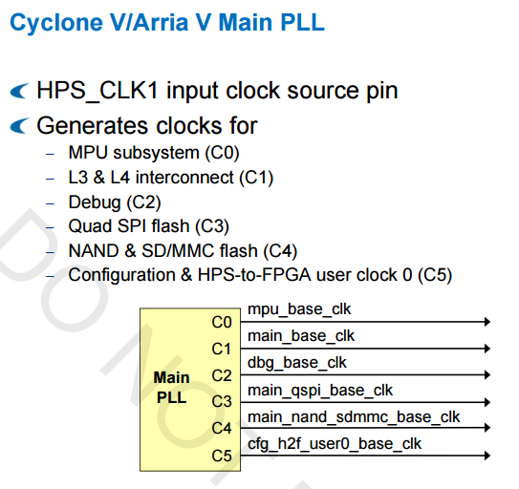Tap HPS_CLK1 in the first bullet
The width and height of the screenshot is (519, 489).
coord(97,91)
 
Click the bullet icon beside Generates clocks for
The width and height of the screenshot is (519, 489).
coord(19,126)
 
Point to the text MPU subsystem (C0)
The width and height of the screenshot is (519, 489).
coord(154,153)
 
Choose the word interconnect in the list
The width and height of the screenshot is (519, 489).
coord(184,178)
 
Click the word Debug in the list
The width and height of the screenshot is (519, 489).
coord(95,202)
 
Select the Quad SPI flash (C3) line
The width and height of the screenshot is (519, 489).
coord(148,226)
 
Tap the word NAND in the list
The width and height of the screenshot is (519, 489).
coord(94,251)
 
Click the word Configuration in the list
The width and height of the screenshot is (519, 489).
coord(121,275)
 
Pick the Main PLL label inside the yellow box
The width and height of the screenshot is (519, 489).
coord(171,388)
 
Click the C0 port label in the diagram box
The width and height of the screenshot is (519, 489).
coord(222,322)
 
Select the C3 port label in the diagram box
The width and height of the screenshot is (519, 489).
coord(222,402)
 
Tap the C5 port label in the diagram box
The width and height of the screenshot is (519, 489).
coord(222,456)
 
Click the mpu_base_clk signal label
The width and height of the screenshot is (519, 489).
coord(299,309)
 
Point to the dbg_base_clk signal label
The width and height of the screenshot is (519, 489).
coord(297,363)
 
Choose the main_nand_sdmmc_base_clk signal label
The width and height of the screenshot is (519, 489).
coord(354,416)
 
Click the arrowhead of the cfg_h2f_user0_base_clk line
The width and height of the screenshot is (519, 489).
coord(487,456)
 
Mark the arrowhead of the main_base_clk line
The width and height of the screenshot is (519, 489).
coord(487,349)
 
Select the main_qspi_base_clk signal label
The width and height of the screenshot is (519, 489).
coord(320,391)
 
